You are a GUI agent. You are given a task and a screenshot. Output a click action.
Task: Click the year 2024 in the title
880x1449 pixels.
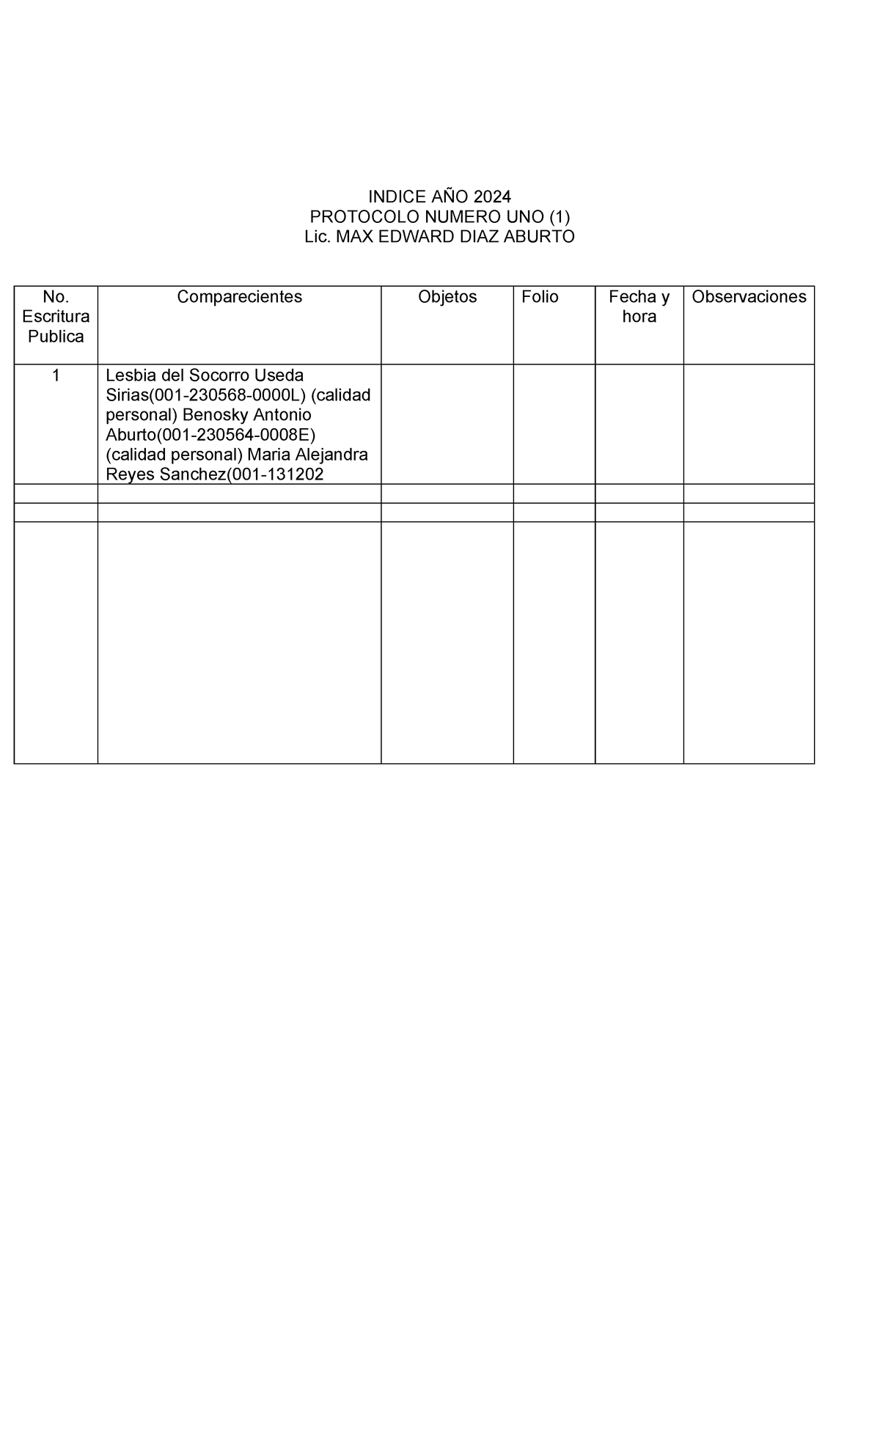(x=492, y=197)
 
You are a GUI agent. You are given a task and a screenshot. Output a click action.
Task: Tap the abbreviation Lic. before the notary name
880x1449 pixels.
(x=318, y=237)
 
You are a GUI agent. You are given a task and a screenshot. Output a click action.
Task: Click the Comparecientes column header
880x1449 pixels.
(x=239, y=297)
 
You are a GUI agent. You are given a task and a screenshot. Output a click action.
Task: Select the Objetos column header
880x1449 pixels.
(x=447, y=297)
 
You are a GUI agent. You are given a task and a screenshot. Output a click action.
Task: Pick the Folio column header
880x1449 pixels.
(x=540, y=297)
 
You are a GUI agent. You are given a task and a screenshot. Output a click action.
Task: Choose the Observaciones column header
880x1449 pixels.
(x=749, y=297)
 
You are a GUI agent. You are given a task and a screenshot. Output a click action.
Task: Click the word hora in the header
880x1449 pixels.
(x=639, y=317)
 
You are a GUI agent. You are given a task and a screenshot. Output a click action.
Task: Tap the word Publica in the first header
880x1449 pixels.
(x=56, y=337)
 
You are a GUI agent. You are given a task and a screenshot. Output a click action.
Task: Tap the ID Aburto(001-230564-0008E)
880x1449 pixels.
(x=211, y=436)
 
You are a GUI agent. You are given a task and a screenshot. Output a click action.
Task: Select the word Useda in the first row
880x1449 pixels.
(x=279, y=376)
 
